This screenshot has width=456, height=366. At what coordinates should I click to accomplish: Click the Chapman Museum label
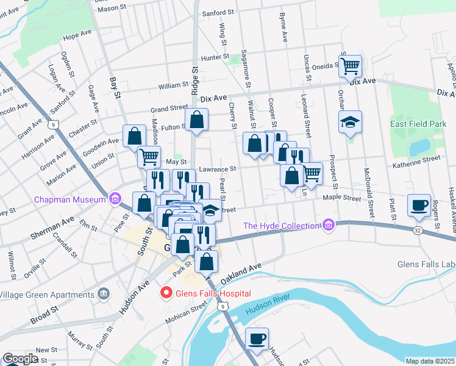[71, 199]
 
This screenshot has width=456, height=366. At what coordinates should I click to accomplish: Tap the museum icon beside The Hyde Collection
[329, 226]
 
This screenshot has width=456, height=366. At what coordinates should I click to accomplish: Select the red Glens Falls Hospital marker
[165, 293]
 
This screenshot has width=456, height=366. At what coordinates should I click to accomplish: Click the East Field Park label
[418, 124]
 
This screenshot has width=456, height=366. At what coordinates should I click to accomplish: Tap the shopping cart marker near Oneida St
[350, 65]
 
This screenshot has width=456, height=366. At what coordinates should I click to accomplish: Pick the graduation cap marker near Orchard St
[351, 122]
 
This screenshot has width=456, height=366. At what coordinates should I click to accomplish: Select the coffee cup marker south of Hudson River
[257, 338]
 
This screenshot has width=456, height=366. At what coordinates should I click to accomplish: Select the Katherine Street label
[416, 159]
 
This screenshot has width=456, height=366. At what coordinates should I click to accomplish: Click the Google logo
[20, 359]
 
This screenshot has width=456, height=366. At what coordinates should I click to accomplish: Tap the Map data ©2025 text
[430, 361]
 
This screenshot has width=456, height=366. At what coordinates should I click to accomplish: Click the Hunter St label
[214, 57]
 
